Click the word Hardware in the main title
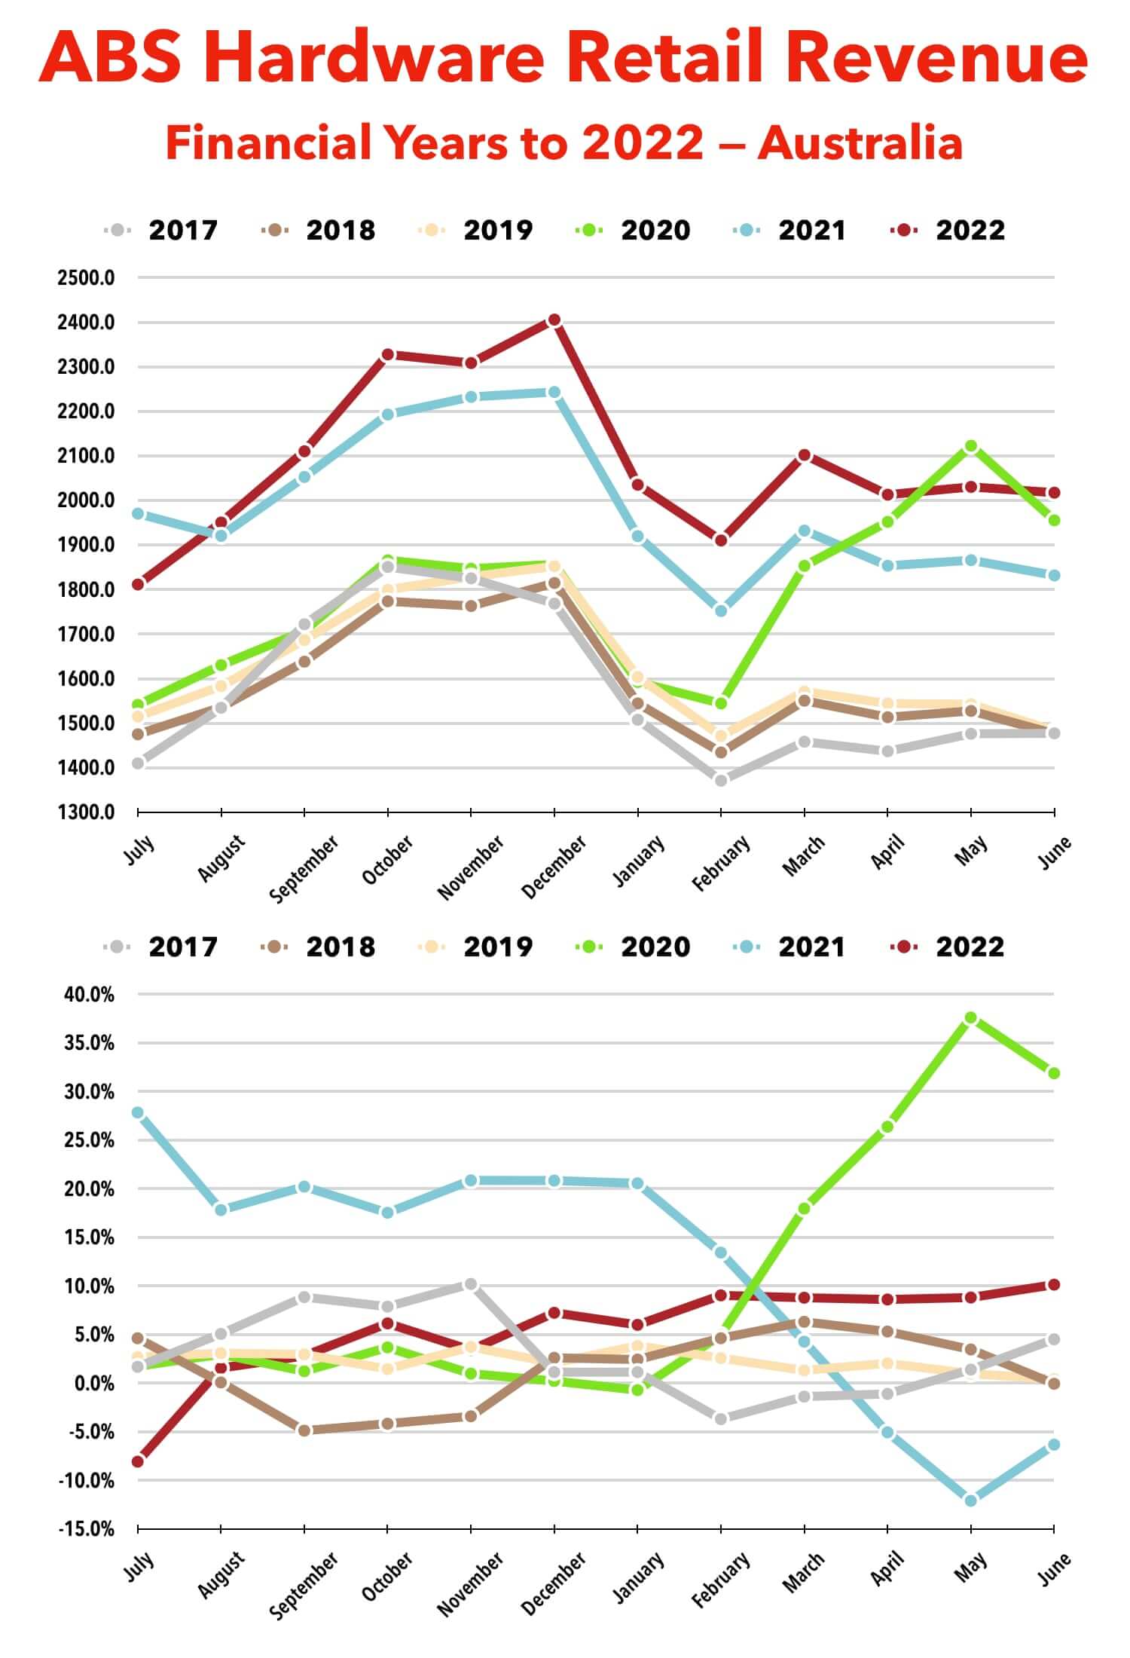[x=374, y=58]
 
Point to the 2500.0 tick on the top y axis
[x=86, y=278]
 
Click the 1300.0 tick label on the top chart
[x=86, y=812]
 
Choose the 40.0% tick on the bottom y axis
[x=89, y=995]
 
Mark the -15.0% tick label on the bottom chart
[x=87, y=1529]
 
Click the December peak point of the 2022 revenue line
[x=554, y=320]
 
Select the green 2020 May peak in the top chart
[x=971, y=446]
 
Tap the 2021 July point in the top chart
[x=138, y=514]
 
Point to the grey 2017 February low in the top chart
[x=721, y=781]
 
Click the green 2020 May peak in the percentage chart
[x=971, y=1018]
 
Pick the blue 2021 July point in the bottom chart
[x=138, y=1112]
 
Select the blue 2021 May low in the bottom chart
[x=971, y=1500]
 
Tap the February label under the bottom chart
[x=721, y=1578]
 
